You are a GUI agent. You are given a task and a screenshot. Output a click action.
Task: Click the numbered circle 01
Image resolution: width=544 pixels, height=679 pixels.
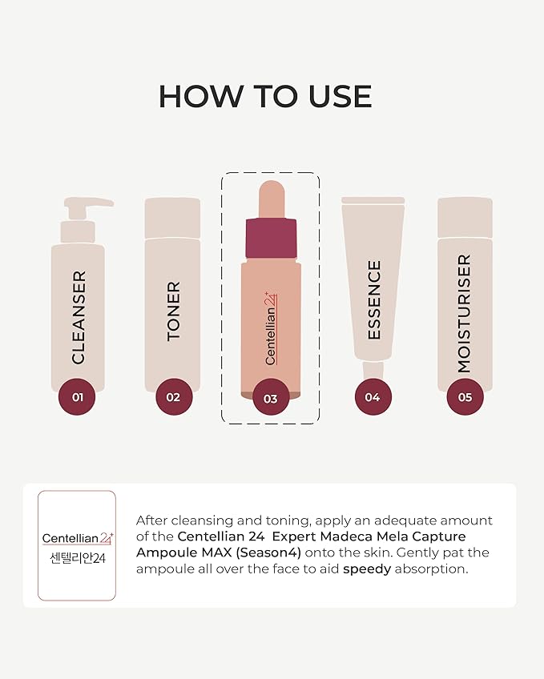pos(78,396)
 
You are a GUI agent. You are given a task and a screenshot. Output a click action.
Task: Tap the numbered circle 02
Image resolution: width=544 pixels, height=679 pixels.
pos(174,396)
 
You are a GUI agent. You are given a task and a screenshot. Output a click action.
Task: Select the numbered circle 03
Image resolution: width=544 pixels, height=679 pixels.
pos(270,398)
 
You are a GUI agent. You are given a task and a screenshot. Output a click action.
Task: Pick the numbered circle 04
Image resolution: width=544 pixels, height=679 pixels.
pos(373,396)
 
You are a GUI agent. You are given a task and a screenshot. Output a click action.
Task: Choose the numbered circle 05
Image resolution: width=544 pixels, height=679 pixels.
pos(465,396)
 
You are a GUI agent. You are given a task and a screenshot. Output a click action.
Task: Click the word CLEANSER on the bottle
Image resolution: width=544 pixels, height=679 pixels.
pos(79,317)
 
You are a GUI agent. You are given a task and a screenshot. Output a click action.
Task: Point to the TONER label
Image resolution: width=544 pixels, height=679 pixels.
pos(174,311)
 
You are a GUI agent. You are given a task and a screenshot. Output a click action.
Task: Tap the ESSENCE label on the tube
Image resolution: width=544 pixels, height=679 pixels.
pos(373,300)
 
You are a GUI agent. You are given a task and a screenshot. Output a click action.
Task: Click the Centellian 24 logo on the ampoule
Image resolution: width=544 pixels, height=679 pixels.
pos(271,329)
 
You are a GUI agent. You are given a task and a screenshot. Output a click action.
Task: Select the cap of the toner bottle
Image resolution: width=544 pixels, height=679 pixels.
pos(173,217)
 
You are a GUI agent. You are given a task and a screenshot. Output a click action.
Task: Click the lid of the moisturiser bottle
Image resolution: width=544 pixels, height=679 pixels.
pos(465,217)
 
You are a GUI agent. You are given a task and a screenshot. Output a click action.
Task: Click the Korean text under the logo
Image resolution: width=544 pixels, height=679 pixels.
pos(77,558)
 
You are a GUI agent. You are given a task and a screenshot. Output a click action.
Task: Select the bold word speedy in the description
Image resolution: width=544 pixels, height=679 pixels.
pos(369,569)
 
